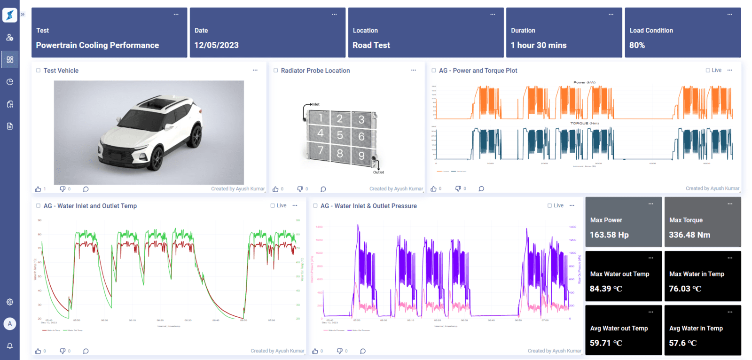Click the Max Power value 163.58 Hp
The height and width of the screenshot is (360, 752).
click(609, 235)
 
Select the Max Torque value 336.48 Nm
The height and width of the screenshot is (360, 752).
click(689, 235)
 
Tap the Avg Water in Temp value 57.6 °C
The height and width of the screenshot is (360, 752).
click(682, 343)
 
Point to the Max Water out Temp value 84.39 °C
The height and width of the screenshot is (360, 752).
click(606, 289)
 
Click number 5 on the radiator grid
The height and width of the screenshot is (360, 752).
click(340, 135)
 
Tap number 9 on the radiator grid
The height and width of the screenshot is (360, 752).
click(361, 156)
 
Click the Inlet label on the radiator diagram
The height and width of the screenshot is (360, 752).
click(315, 104)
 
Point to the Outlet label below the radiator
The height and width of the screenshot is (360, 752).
click(378, 172)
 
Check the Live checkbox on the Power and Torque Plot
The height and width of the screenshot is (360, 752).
click(708, 70)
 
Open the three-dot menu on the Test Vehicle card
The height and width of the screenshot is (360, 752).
click(255, 70)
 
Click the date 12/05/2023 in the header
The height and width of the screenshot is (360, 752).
click(217, 45)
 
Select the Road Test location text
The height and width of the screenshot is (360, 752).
click(371, 45)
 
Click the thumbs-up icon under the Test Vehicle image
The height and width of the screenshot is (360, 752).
click(38, 189)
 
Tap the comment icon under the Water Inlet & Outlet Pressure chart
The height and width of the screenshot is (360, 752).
click(363, 351)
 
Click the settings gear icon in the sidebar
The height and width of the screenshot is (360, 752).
click(10, 302)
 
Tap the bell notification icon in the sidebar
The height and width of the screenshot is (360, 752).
click(10, 346)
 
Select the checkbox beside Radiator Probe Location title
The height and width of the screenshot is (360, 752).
click(276, 70)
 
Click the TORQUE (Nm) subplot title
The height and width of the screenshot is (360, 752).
click(584, 123)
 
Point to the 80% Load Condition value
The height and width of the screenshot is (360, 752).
click(637, 45)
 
